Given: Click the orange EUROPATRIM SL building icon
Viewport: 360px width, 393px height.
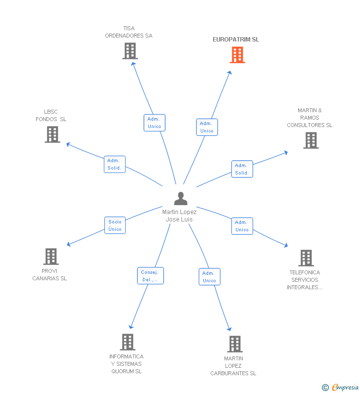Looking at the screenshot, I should tap(237, 55).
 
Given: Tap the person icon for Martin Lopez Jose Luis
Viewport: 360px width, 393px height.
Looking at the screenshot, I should tap(180, 199).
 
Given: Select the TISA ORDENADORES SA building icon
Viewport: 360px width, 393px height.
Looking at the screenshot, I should tap(130, 51).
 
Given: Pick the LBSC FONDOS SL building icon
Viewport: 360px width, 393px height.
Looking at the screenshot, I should tap(52, 134).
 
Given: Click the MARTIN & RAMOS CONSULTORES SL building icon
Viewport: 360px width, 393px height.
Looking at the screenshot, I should tap(311, 140).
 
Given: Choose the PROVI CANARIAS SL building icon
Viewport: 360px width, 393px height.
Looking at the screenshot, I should tap(51, 257).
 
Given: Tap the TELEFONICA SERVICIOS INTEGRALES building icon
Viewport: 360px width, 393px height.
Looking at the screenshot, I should tap(306, 258).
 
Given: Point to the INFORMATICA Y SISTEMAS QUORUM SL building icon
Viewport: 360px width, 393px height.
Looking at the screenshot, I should tap(128, 342).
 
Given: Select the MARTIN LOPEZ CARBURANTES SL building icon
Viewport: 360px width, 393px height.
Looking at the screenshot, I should tap(234, 344).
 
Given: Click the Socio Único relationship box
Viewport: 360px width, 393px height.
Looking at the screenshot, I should tap(115, 225).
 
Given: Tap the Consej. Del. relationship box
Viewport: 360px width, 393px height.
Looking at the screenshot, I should tap(150, 276).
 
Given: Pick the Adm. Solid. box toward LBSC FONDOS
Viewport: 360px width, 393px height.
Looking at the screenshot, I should tap(115, 164).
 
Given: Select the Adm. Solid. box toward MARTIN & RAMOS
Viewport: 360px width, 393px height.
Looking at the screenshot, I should tap(242, 169).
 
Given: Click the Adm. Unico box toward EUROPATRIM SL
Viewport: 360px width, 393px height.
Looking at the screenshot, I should tap(207, 127).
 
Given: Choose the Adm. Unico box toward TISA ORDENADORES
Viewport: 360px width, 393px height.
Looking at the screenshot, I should tap(154, 123).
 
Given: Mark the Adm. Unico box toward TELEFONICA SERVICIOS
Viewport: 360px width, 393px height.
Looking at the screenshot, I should tap(242, 226).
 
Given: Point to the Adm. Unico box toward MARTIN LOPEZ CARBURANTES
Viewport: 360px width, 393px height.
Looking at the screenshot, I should tap(209, 277).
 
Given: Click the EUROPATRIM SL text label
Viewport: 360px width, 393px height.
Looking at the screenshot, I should tap(235, 40).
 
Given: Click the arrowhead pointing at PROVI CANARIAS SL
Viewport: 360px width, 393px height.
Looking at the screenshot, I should tap(69, 244).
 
